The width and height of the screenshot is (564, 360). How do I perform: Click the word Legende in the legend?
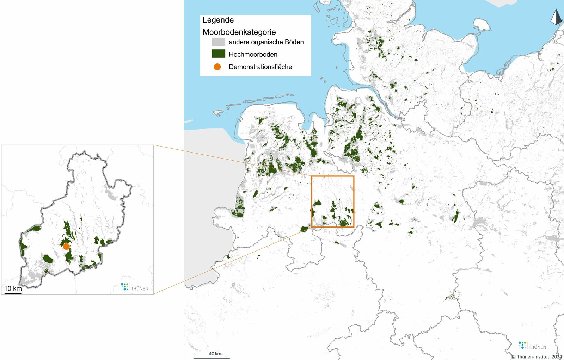pos(218,20)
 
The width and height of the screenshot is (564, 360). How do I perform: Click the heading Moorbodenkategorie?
pos(239,32)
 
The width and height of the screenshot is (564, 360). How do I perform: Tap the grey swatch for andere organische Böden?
pos(218,42)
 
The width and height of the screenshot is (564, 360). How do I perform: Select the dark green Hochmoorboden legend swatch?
pos(218,54)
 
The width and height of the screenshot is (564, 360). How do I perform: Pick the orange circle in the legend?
pos(217,67)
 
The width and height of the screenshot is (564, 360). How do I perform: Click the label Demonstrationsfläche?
pos(260,67)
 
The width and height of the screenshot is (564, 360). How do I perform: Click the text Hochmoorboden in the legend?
pos(253,54)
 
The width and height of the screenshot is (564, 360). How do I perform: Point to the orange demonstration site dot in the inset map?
pos(66,246)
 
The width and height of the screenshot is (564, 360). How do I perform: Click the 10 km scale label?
pos(13,288)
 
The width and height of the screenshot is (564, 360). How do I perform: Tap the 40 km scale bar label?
pos(215,354)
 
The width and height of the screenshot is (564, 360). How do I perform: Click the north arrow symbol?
pos(556,17)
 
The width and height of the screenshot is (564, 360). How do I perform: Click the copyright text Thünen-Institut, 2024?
pos(537,356)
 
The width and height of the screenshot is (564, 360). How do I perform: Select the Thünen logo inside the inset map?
pos(134,287)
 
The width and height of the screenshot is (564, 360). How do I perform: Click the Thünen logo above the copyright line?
pos(532,346)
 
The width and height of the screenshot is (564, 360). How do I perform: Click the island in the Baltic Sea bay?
pos(482,25)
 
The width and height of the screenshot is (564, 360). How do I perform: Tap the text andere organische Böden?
pos(266,42)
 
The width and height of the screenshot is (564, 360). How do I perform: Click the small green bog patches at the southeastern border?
pos(452,297)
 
